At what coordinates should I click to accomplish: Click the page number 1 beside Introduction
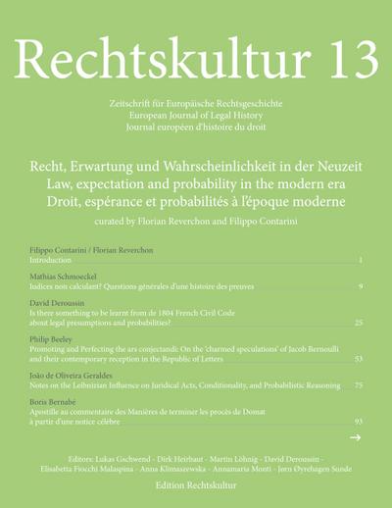point(361,261)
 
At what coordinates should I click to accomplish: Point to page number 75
point(359,384)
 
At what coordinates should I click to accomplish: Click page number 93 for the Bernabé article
point(359,421)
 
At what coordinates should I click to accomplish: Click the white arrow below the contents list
point(356,437)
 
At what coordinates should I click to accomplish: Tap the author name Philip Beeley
point(53,338)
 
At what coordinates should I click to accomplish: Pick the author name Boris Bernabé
point(57,401)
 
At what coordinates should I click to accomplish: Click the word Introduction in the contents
point(51,261)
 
